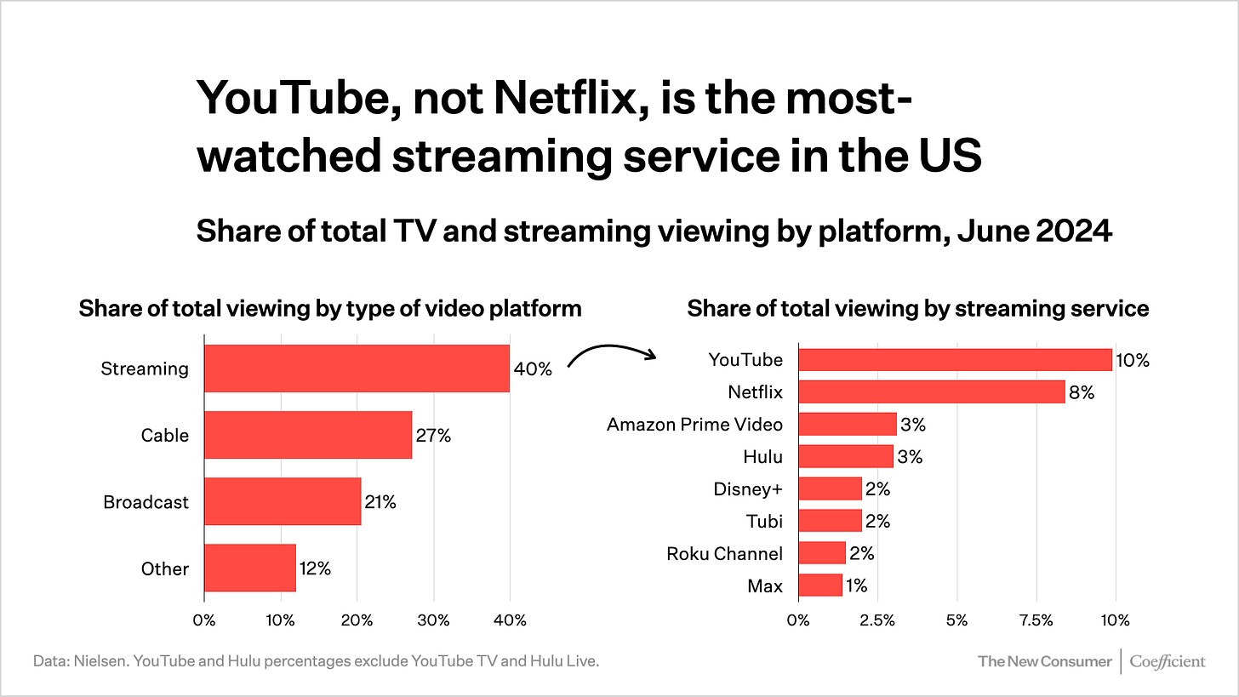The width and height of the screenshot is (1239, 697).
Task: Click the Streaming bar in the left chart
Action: coord(357,368)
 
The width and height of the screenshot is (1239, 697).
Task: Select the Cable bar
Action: coord(308,435)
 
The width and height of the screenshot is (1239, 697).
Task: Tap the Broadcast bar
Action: coord(283,501)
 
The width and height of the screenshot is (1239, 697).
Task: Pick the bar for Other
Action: coord(250,568)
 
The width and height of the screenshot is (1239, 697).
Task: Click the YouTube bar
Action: coord(955,360)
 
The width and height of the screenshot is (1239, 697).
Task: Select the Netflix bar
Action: coord(932,392)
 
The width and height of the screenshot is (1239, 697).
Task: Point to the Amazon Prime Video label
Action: coord(694,424)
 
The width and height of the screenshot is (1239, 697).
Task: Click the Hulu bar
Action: coord(846,456)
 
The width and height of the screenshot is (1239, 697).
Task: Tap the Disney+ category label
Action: coord(748,488)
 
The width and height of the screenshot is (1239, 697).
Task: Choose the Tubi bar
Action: coord(831,521)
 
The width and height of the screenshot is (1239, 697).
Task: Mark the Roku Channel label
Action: coord(724,553)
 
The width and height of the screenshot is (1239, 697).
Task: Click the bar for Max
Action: coord(820,586)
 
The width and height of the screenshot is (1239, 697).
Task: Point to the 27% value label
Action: coord(433,435)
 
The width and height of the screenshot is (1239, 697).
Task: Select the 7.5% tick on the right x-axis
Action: coord(1036,620)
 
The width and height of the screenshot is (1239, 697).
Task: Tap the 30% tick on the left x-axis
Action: coord(433,620)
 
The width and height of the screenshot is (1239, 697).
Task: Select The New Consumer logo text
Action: coord(1044,660)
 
